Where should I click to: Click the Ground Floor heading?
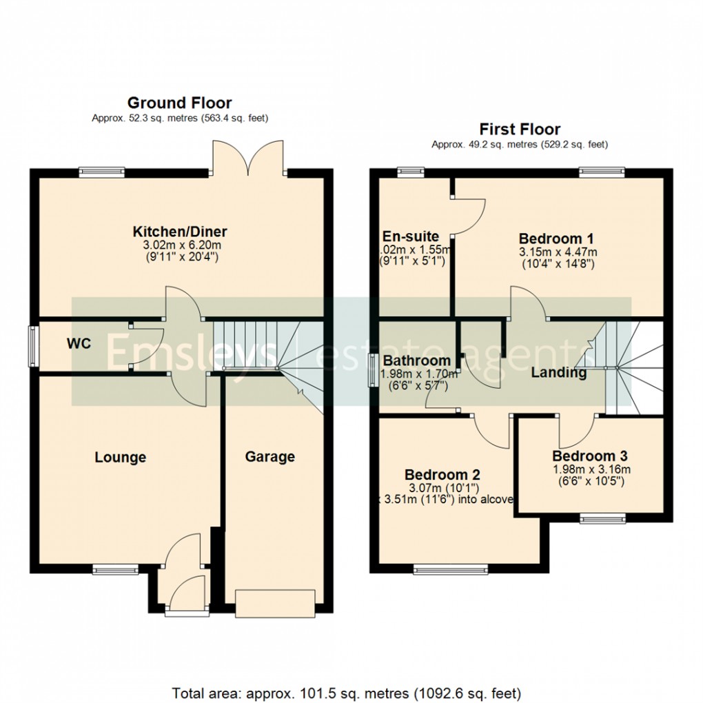pos(179,103)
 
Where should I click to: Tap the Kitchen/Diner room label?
pos(180,231)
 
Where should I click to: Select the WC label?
pos(79,344)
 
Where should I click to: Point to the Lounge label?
pos(121,457)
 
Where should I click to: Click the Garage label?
pos(270,456)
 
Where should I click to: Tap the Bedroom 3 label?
pos(589,456)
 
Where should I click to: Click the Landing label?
pos(558,373)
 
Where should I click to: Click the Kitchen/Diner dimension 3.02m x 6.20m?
pos(180,245)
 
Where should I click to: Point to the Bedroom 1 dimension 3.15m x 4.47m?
pos(558,252)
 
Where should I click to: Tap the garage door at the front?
pos(276,602)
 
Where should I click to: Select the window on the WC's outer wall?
pos(32,345)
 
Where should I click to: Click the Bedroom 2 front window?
pos(450,569)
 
